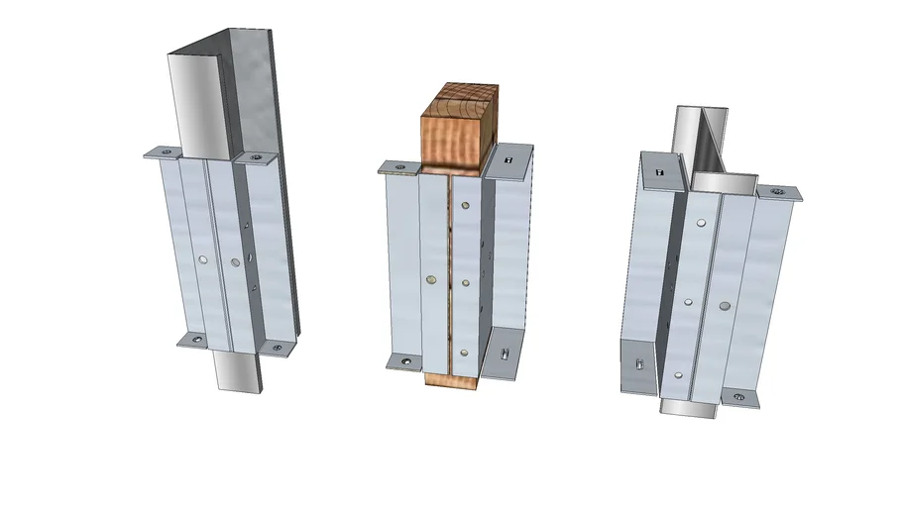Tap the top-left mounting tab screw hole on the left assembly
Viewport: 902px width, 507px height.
point(166,152)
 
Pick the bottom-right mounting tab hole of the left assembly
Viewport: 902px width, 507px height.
point(278,348)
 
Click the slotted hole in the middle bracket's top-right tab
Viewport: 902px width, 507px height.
point(508,157)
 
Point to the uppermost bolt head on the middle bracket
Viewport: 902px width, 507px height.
point(464,208)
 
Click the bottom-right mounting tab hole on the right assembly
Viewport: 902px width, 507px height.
point(737,397)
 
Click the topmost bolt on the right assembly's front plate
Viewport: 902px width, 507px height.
point(700,225)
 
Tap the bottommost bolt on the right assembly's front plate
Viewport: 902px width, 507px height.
point(677,374)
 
